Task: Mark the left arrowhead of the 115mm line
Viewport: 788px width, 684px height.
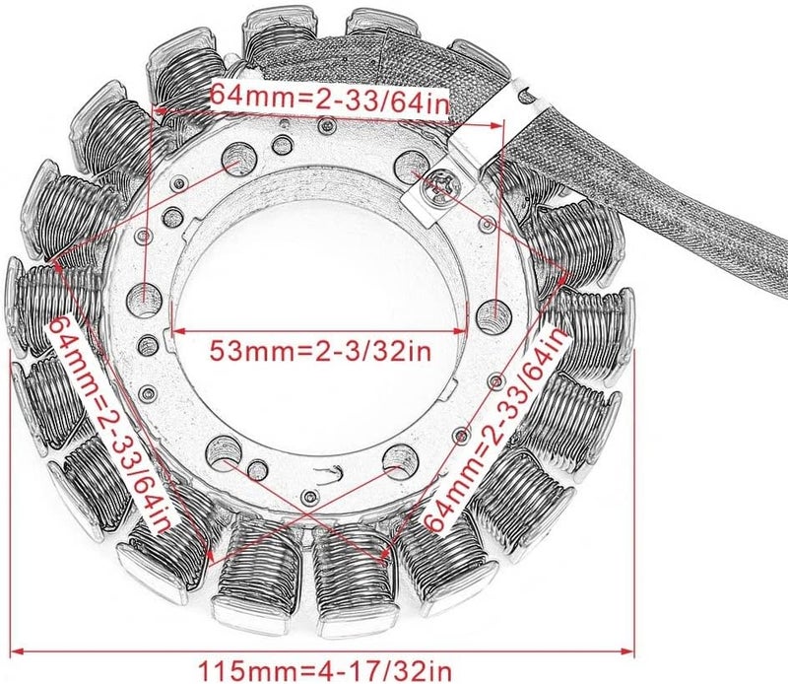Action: [18, 649]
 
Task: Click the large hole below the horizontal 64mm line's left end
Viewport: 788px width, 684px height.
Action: [147, 293]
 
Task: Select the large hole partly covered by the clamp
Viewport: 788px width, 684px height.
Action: [406, 164]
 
